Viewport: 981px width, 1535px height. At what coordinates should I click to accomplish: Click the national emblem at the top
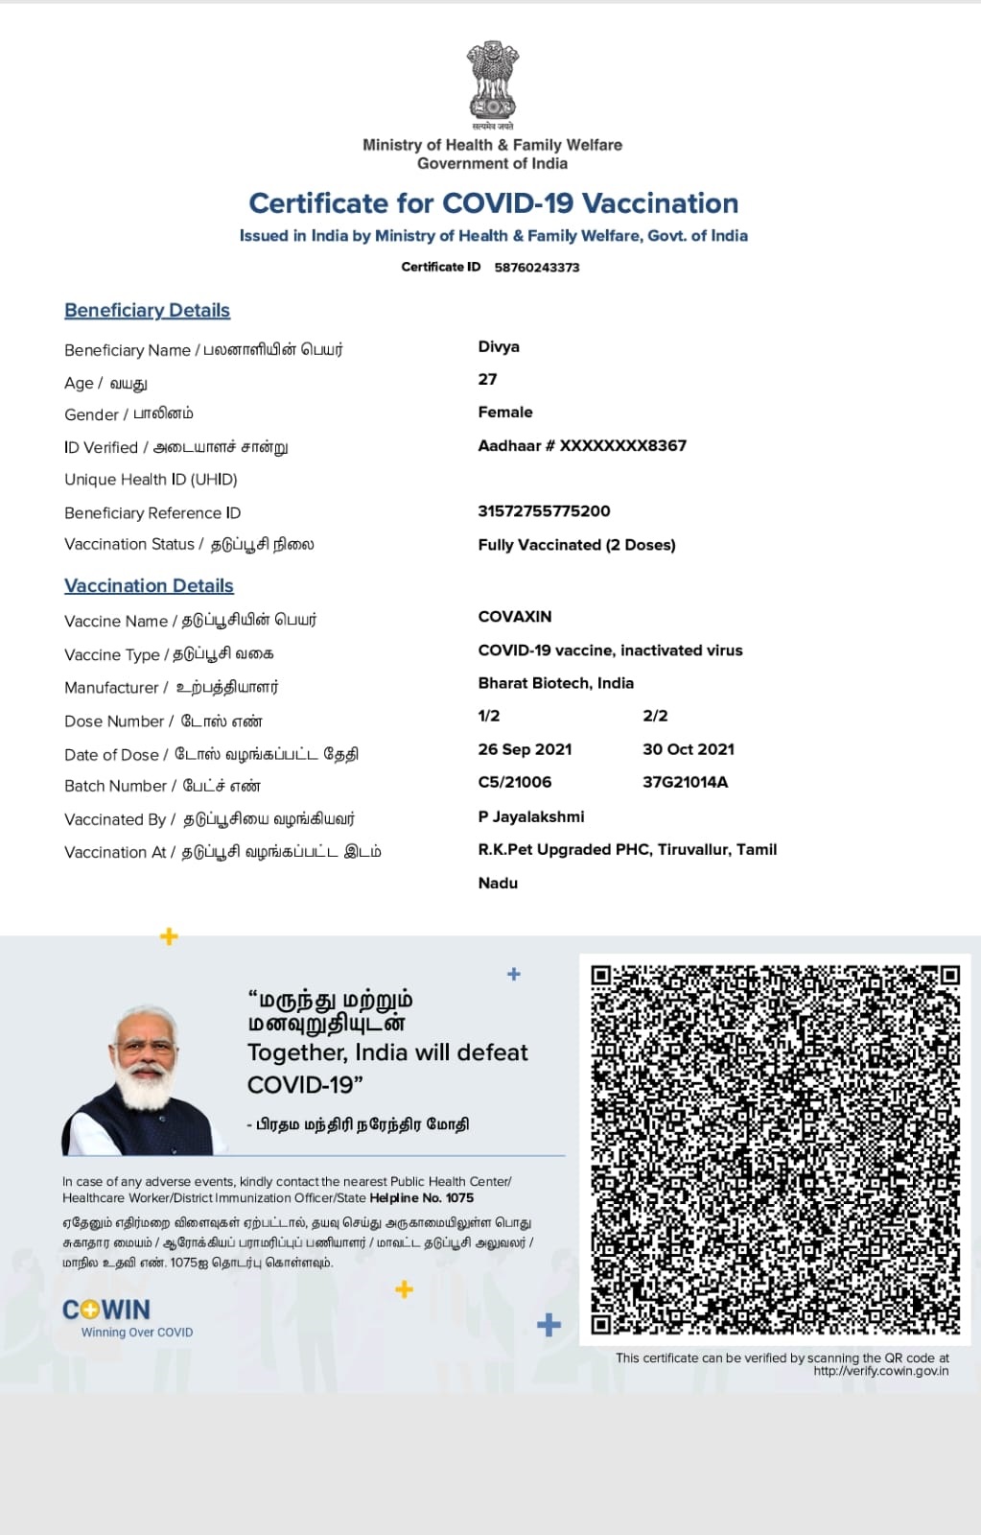(492, 81)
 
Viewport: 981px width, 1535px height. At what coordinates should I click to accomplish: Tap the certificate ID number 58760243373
(537, 268)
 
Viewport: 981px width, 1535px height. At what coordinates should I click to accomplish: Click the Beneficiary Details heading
(147, 310)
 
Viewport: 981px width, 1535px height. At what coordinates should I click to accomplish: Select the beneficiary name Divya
(499, 346)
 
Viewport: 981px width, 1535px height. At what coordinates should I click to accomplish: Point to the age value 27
(488, 379)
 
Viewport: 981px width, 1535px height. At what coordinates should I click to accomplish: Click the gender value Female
(505, 412)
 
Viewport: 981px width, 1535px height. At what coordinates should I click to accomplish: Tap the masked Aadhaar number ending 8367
(582, 445)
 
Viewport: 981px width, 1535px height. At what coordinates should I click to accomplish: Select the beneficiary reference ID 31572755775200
(544, 511)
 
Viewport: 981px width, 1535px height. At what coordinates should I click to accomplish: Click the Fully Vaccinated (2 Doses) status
(576, 545)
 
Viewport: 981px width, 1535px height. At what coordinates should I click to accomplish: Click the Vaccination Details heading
(149, 585)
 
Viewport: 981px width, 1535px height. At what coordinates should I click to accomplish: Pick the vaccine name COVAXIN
(515, 616)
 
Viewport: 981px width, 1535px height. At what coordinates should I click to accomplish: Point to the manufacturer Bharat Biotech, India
(555, 683)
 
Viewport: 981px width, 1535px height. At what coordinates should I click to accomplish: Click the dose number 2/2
(655, 716)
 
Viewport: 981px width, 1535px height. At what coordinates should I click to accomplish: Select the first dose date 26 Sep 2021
(525, 749)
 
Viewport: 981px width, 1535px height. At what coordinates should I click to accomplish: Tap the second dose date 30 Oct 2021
(689, 749)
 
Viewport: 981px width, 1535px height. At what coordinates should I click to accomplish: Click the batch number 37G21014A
(685, 782)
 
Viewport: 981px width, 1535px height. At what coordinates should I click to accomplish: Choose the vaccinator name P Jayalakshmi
(530, 816)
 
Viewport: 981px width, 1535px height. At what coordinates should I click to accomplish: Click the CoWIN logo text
(106, 1310)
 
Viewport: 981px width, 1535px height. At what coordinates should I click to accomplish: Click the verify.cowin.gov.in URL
(880, 1371)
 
